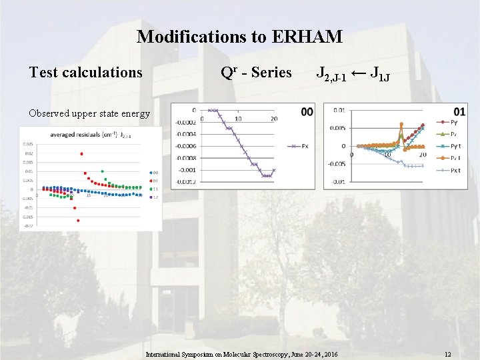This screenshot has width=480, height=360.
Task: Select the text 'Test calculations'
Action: point(86,72)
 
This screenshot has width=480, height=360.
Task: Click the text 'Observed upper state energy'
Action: point(89,113)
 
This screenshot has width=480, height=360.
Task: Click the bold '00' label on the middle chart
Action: point(307,112)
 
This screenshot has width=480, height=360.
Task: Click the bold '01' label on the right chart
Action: point(459,111)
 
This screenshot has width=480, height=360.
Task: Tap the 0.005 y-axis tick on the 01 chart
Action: point(338,128)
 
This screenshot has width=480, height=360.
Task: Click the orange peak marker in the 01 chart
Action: point(401,124)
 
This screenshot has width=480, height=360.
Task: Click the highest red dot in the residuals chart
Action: point(81,154)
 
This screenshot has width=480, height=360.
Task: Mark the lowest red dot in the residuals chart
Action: point(78,220)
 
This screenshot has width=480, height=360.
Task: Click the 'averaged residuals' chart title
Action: point(70,135)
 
